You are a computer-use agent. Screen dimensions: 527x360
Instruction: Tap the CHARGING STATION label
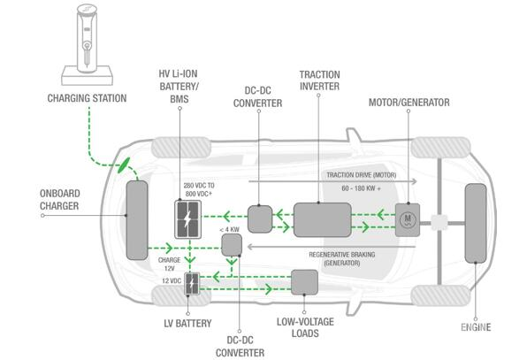[x=87, y=98]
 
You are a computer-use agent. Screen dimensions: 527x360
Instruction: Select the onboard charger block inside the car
[x=137, y=220]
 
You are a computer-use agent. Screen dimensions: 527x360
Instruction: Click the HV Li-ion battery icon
[x=187, y=219]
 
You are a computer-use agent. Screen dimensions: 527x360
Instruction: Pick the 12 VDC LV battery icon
[x=192, y=284]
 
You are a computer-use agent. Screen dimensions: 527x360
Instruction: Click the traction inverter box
[x=323, y=220]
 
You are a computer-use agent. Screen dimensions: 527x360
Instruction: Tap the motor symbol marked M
[x=408, y=220]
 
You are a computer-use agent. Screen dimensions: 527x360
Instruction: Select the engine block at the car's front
[x=475, y=224]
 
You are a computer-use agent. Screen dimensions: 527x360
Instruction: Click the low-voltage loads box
[x=304, y=282]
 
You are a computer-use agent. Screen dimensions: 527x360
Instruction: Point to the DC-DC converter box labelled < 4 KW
[x=232, y=245]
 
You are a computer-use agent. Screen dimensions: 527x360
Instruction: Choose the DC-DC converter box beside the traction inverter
[x=260, y=219]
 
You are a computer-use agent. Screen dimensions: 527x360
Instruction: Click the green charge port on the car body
[x=124, y=165]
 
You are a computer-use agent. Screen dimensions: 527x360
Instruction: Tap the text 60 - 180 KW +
[x=361, y=188]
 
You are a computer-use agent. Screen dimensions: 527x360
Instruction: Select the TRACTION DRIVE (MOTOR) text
[x=362, y=175]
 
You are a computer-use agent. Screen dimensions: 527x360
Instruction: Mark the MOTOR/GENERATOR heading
[x=409, y=103]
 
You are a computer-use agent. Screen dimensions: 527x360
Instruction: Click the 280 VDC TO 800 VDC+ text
[x=199, y=189]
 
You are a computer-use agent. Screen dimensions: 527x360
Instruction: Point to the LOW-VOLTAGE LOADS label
[x=305, y=327]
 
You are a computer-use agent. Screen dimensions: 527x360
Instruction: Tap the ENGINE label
[x=476, y=327]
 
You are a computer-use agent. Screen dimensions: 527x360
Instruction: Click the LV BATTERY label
[x=187, y=324]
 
